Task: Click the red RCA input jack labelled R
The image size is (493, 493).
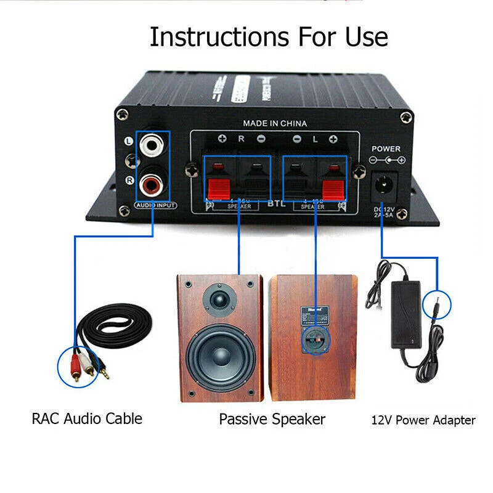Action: click(152, 182)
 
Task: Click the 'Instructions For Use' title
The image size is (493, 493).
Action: click(269, 37)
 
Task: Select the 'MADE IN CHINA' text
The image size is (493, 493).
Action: click(274, 123)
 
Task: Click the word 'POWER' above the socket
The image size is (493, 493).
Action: click(386, 149)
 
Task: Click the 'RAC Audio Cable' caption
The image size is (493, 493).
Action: click(87, 419)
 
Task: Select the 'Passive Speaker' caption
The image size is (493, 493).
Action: click(272, 420)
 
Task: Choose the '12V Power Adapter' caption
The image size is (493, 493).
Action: click(423, 421)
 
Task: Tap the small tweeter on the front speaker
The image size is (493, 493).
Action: click(221, 299)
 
